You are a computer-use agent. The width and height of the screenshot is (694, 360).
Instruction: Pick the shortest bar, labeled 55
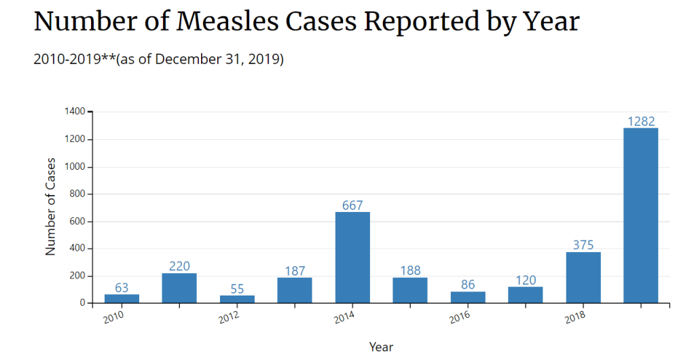point(237,299)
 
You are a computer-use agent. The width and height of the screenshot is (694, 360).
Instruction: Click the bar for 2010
point(122,298)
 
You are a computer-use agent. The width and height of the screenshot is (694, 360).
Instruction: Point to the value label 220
point(179,266)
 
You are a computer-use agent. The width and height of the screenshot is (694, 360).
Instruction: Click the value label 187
point(295,270)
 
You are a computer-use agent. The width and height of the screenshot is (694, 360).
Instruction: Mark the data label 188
point(410,270)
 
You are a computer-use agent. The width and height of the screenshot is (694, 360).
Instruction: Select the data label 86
point(468,285)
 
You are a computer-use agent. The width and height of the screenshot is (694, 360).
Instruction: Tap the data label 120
point(525,280)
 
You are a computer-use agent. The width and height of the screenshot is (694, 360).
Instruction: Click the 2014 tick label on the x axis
point(345,317)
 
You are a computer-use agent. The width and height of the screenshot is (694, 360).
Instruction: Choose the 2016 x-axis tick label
point(460,317)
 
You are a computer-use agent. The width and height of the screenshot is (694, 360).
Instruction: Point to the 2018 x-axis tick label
point(575,317)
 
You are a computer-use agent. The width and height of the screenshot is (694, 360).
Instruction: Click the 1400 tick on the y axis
point(75,112)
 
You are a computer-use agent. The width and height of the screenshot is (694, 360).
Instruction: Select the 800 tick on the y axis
point(77,194)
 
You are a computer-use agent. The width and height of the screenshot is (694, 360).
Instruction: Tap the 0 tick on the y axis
point(81,304)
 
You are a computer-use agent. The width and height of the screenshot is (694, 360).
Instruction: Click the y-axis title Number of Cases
point(51,207)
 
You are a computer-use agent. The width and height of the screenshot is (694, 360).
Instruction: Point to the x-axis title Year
point(381,346)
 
